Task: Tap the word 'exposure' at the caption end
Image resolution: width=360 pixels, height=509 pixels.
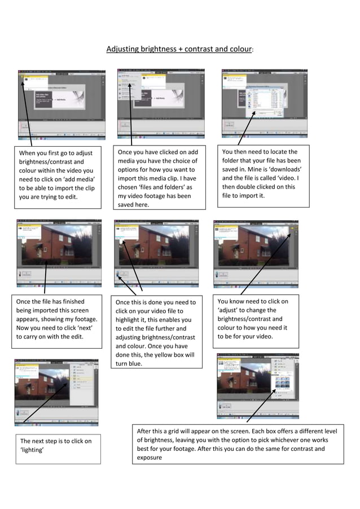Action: tap(149, 458)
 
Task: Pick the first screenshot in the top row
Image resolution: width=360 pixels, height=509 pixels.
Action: tap(61, 104)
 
